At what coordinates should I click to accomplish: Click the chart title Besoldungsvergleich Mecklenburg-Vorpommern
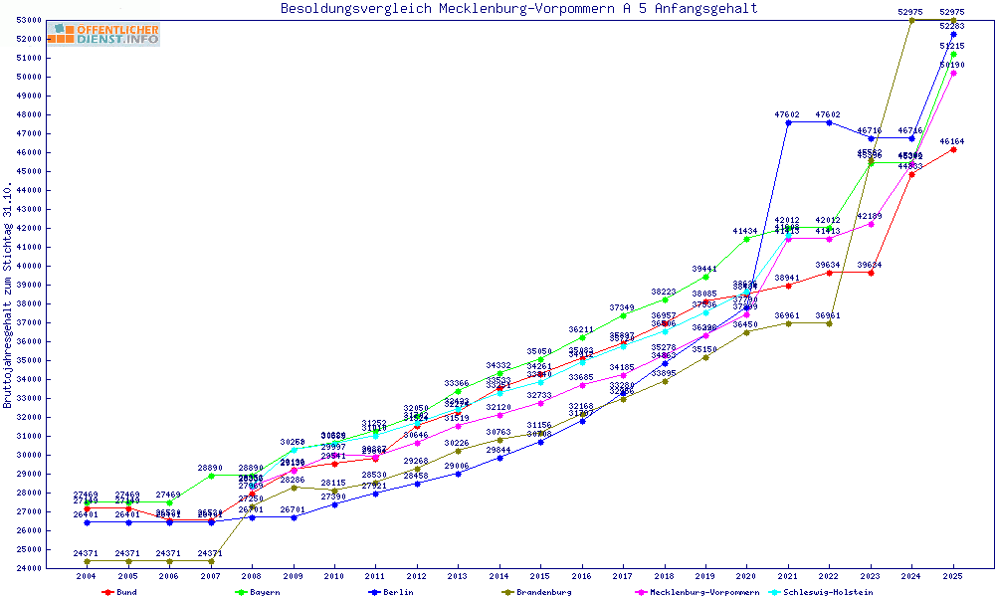pyautogui.click(x=518, y=9)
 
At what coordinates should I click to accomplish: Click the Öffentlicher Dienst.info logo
pyautogui.click(x=108, y=34)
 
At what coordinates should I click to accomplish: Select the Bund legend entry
pyautogui.click(x=119, y=592)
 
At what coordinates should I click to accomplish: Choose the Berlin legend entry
pyautogui.click(x=390, y=592)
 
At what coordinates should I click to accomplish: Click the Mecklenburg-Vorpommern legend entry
pyautogui.click(x=696, y=592)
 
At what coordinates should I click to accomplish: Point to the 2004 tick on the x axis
pyautogui.click(x=87, y=576)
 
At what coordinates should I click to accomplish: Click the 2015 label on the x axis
pyautogui.click(x=540, y=576)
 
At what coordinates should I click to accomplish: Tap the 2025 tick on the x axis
pyautogui.click(x=953, y=576)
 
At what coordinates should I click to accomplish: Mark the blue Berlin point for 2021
pyautogui.click(x=788, y=122)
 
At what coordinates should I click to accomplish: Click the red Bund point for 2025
pyautogui.click(x=953, y=149)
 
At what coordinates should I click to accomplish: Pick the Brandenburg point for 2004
pyautogui.click(x=87, y=561)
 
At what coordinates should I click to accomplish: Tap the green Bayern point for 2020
pyautogui.click(x=746, y=239)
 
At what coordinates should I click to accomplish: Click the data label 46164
pyautogui.click(x=953, y=141)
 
